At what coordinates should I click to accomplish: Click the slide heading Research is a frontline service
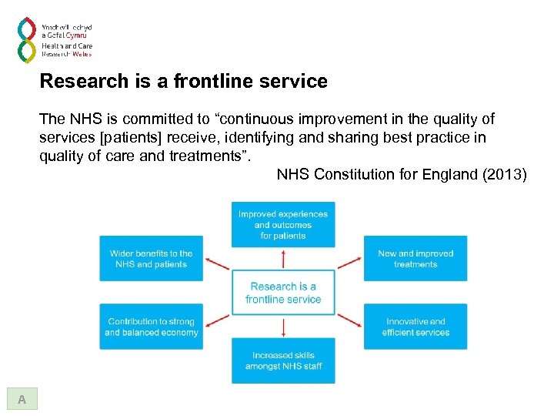[183, 81]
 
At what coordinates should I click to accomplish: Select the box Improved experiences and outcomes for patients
[283, 225]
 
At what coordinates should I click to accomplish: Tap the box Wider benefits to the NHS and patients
[151, 259]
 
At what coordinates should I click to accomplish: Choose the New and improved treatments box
[415, 259]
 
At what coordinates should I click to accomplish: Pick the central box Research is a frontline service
[283, 293]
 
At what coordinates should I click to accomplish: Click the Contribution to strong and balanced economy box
[151, 327]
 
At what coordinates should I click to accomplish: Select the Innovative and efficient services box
[415, 327]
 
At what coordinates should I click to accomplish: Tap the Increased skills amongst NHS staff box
[283, 361]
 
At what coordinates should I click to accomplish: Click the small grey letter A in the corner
[22, 399]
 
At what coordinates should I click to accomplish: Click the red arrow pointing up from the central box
[283, 258]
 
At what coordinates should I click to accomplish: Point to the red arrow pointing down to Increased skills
[283, 327]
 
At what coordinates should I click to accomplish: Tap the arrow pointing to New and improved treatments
[349, 263]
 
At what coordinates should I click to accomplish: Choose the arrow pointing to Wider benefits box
[218, 263]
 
